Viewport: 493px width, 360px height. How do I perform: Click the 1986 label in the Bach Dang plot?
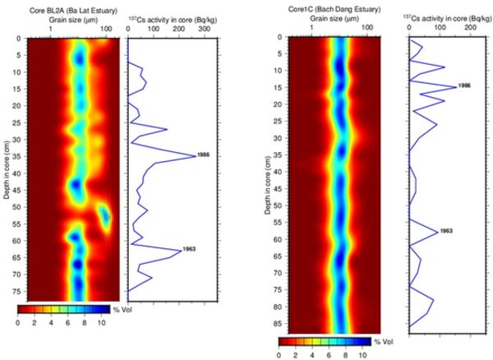pyautogui.click(x=464, y=86)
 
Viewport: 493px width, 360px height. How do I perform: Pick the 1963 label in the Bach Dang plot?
pyautogui.click(x=446, y=232)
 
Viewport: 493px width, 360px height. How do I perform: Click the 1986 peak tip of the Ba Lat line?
pyautogui.click(x=196, y=155)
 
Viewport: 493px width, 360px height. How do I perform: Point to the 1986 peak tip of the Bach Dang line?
pyautogui.click(x=454, y=86)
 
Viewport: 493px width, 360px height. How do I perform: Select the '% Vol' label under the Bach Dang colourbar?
pyautogui.click(x=384, y=341)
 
